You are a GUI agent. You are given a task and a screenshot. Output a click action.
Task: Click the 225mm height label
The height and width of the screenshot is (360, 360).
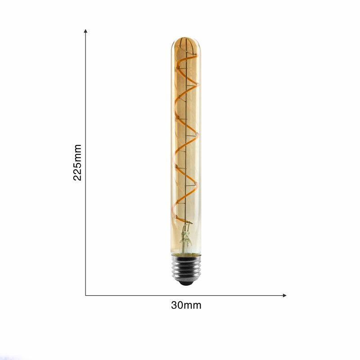coord(77,162)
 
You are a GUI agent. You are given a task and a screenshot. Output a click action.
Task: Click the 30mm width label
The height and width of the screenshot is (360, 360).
coord(186,305)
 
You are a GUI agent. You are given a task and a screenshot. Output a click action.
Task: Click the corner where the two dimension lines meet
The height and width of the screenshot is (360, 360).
coord(85,295)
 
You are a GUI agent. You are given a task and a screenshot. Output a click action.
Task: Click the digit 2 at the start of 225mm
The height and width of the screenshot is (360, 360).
coord(77,177)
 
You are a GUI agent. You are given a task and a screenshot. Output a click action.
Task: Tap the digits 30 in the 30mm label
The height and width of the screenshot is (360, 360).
coord(177,305)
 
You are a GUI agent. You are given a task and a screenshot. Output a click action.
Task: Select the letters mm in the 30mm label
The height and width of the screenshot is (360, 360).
coord(193,305)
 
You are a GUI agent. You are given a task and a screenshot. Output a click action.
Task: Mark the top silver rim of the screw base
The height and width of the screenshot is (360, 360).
coord(185,258)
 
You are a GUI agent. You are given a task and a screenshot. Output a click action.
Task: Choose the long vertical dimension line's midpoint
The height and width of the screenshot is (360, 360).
coord(85,162)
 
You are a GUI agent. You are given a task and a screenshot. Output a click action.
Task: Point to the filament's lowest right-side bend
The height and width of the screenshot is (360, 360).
coord(197,184)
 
